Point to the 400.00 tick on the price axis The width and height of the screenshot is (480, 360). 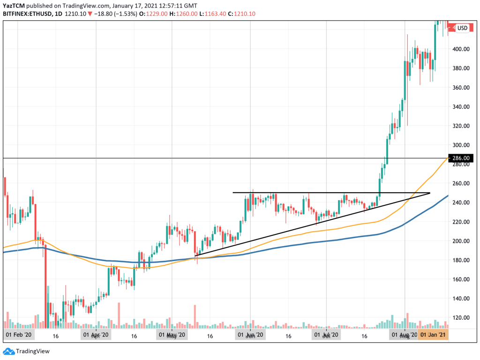tap(461, 49)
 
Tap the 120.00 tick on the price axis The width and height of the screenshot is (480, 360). tap(461, 318)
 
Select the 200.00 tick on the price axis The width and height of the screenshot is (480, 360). tap(461, 241)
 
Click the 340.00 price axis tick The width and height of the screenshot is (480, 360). tap(461, 107)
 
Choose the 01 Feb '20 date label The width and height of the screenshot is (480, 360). tap(18, 336)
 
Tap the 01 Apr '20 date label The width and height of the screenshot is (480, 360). tap(96, 336)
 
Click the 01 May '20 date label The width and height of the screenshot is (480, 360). tap(172, 336)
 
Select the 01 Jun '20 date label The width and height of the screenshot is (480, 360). tap(250, 336)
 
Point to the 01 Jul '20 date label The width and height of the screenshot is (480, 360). tap(326, 336)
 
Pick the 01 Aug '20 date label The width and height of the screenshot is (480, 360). tap(404, 336)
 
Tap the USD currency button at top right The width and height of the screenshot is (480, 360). tap(462, 28)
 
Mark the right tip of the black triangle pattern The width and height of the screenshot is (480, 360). tap(429, 193)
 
